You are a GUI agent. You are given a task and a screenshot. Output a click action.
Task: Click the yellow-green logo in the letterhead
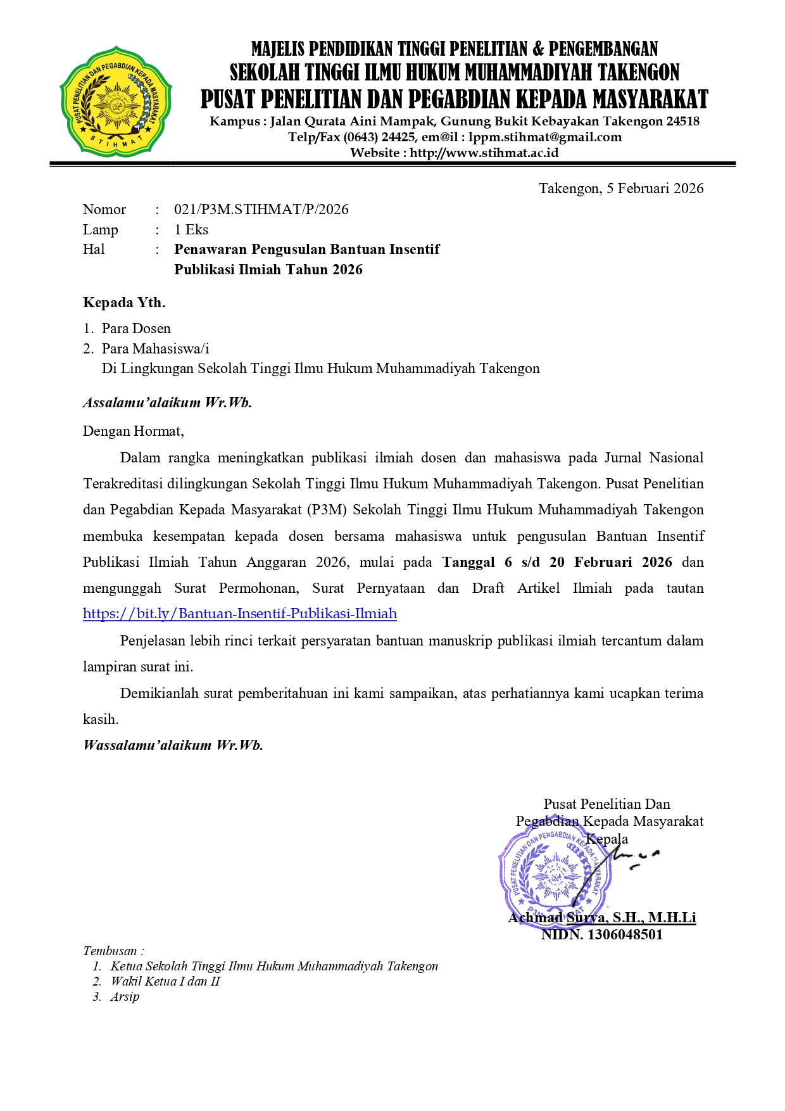click(116, 100)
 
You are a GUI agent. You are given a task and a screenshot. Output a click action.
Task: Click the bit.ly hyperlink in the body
click(240, 613)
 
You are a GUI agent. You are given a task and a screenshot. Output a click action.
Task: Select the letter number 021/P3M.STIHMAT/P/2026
click(261, 209)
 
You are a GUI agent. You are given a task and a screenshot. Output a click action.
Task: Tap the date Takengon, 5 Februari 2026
click(620, 188)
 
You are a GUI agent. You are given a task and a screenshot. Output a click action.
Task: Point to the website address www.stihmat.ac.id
click(484, 153)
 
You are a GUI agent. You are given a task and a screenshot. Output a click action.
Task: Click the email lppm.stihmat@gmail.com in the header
click(544, 137)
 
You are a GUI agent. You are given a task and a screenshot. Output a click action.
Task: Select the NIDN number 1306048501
click(625, 934)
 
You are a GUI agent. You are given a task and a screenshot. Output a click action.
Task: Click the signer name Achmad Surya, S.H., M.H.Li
click(601, 917)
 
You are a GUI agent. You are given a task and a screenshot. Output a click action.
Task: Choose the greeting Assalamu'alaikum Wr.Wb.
click(167, 402)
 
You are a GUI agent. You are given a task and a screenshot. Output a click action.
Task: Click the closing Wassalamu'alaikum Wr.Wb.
click(173, 745)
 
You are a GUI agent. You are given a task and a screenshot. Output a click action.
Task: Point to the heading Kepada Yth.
click(124, 302)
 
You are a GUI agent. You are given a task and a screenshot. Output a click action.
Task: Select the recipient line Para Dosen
click(136, 328)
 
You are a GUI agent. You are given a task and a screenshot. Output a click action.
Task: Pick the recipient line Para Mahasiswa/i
click(155, 348)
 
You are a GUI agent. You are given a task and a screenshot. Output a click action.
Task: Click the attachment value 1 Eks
click(191, 229)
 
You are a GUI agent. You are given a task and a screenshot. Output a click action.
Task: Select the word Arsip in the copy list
click(125, 996)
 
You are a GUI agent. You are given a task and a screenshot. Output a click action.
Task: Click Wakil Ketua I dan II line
click(165, 981)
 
